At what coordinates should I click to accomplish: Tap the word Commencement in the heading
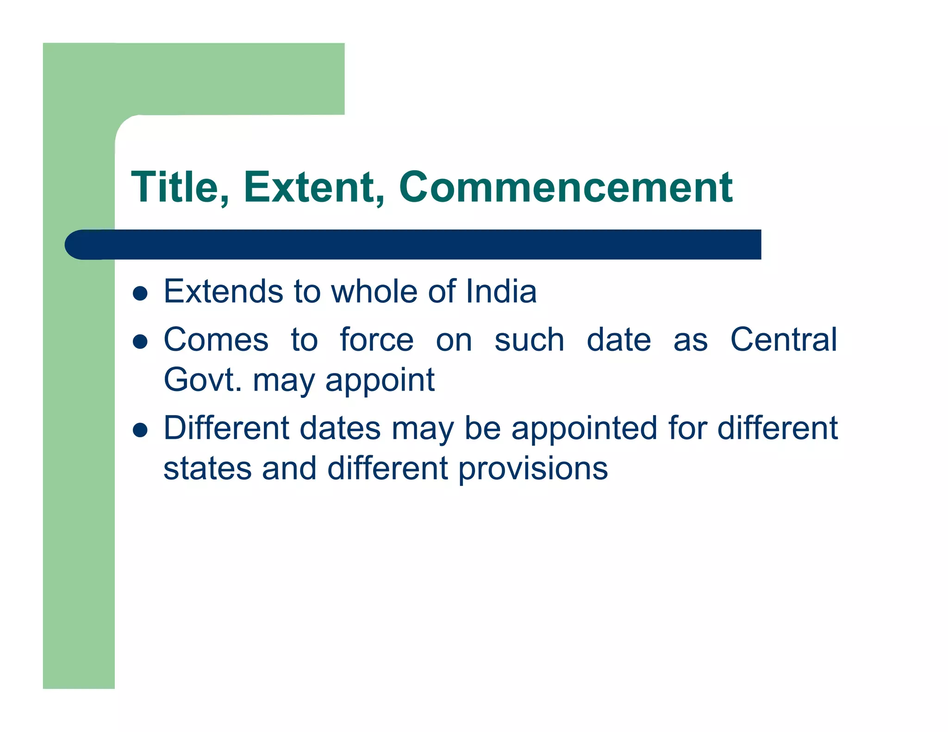pyautogui.click(x=565, y=187)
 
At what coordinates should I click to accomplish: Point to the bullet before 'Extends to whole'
pyautogui.click(x=140, y=293)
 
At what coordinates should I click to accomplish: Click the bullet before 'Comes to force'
pyautogui.click(x=140, y=342)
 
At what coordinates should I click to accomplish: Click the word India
pyautogui.click(x=501, y=292)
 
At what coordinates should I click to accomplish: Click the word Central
pyautogui.click(x=783, y=340)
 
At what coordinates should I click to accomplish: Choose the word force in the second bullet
pyautogui.click(x=376, y=340)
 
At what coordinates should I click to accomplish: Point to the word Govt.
pyautogui.click(x=203, y=380)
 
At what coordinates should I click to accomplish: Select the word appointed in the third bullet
pyautogui.click(x=585, y=428)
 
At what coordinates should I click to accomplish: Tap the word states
pyautogui.click(x=207, y=468)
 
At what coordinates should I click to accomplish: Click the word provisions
pyautogui.click(x=533, y=469)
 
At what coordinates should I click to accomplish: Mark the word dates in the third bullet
pyautogui.click(x=340, y=428)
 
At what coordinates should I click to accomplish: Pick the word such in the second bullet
pyautogui.click(x=529, y=340)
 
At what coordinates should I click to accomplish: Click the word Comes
pyautogui.click(x=216, y=340)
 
